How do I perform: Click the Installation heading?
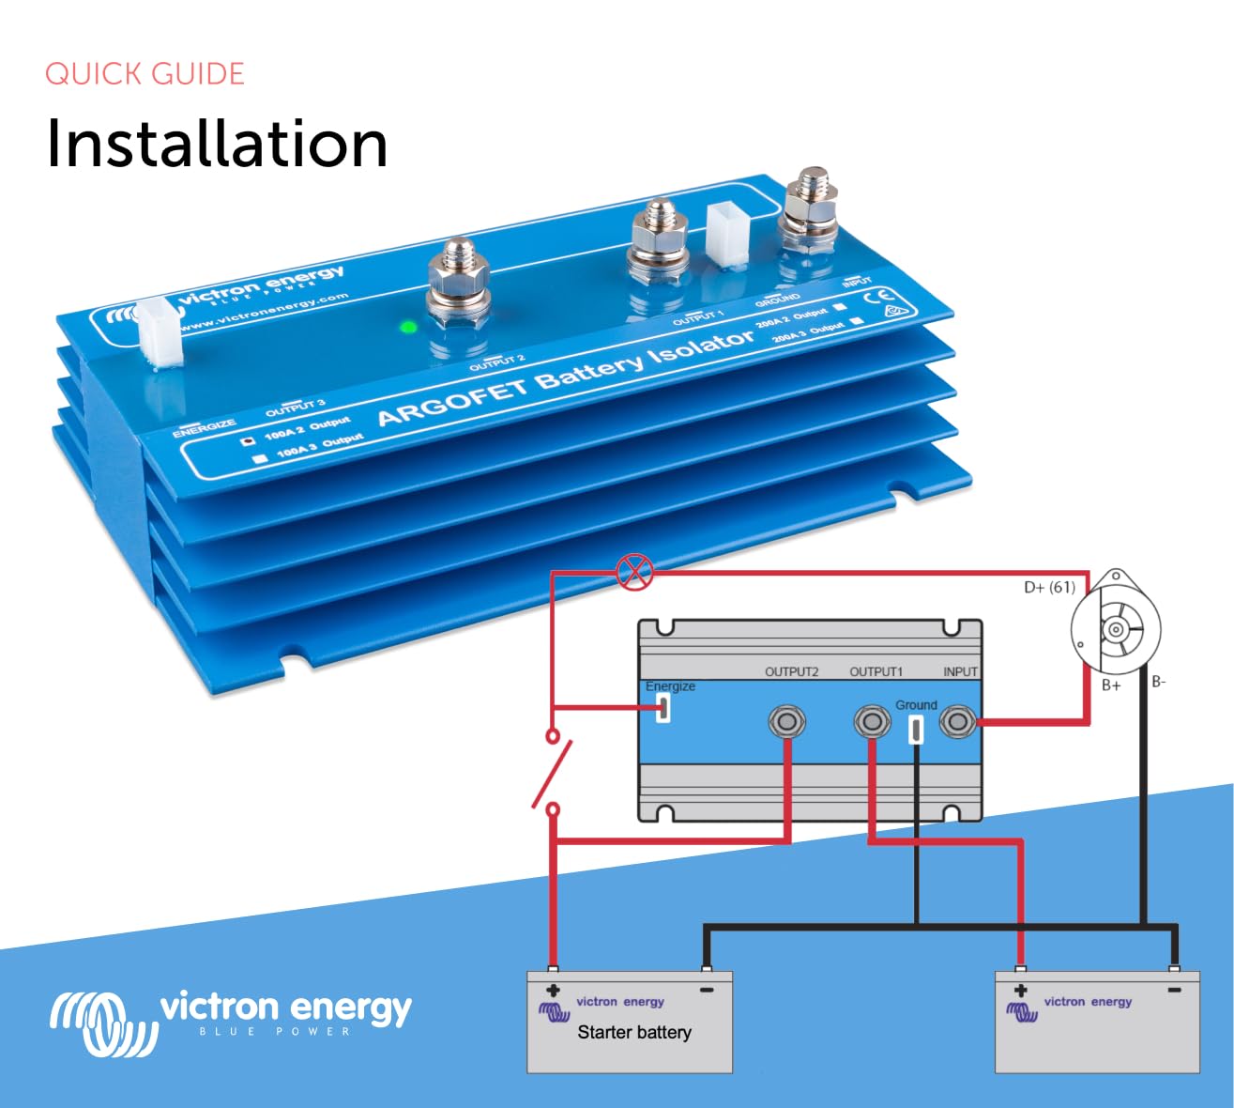(x=217, y=144)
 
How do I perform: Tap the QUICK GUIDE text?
(x=145, y=74)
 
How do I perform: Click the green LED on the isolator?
(x=408, y=328)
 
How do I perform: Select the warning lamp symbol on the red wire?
(x=634, y=572)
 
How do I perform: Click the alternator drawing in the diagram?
(x=1116, y=627)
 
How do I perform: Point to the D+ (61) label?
(x=1049, y=587)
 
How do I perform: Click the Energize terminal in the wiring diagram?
(x=663, y=708)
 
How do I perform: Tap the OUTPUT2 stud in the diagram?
(x=786, y=722)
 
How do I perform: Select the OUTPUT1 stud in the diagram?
(x=872, y=722)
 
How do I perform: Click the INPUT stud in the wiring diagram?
(x=957, y=722)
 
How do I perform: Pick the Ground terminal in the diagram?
(x=916, y=729)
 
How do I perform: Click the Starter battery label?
(x=634, y=1033)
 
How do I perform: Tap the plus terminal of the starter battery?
(x=553, y=990)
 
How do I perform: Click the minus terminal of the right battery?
(x=1173, y=990)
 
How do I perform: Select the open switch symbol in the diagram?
(x=553, y=772)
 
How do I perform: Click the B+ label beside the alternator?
(x=1111, y=685)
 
